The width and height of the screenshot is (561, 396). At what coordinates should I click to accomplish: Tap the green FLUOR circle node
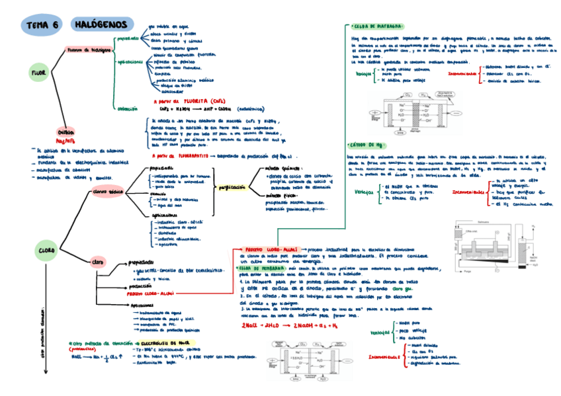click(x=38, y=72)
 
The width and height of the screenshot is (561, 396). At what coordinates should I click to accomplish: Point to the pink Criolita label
click(x=66, y=132)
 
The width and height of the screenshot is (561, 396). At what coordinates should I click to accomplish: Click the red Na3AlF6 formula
click(x=66, y=140)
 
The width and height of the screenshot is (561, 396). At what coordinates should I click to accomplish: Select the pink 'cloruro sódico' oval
click(x=107, y=191)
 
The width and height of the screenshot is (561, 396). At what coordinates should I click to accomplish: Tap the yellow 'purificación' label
click(x=229, y=188)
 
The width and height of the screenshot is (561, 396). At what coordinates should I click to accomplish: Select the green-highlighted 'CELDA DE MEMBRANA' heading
click(x=263, y=268)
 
